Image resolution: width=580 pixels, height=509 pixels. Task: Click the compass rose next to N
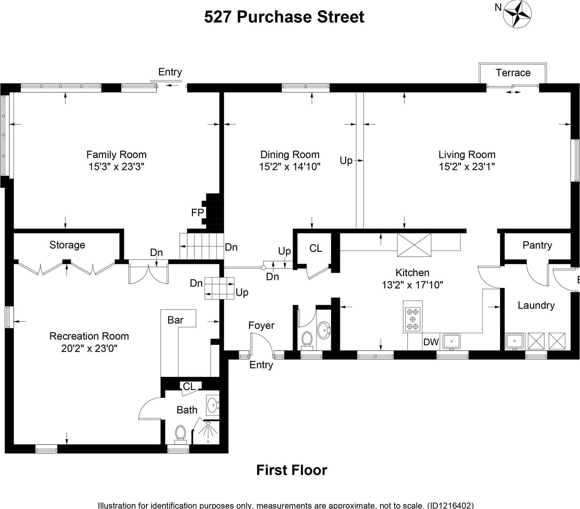coord(518,14)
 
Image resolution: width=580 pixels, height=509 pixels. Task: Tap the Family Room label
coord(116,155)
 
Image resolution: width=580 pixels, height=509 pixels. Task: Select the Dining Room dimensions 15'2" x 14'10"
coord(289,167)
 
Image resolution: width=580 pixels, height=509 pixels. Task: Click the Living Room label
coord(467,155)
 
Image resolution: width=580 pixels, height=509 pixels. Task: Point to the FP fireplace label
coord(197,212)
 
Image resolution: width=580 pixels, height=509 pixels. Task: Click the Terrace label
coord(513,73)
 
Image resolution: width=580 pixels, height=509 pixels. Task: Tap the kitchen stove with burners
coord(413,319)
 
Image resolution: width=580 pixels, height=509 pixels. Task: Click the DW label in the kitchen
coord(431,342)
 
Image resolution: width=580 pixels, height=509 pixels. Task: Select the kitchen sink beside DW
coord(451,342)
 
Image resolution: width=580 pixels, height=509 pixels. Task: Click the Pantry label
coord(537,245)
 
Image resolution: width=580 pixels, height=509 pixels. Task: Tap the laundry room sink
coord(515,341)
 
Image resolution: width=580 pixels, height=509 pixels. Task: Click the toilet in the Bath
coord(180,433)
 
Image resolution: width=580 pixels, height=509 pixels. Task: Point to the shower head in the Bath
coord(208,424)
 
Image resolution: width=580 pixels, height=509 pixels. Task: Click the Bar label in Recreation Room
coord(175,320)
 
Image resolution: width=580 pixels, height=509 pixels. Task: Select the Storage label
coord(67,245)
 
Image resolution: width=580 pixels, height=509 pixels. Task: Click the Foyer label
coord(261,325)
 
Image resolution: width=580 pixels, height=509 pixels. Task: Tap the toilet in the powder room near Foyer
coord(307,339)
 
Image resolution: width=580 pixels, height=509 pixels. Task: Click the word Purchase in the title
coord(274,17)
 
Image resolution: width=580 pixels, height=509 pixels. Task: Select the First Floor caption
coord(291,470)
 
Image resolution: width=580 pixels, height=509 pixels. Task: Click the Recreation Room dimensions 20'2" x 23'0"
coord(89,348)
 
